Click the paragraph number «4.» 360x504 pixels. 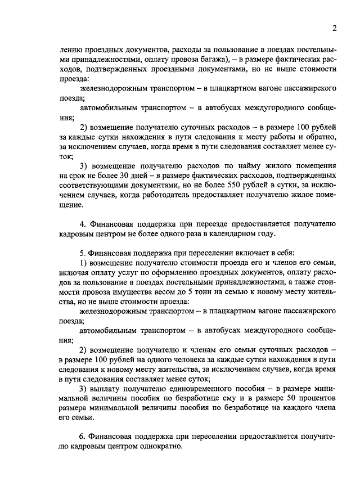click(83, 223)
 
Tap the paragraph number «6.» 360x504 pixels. click(83, 436)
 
